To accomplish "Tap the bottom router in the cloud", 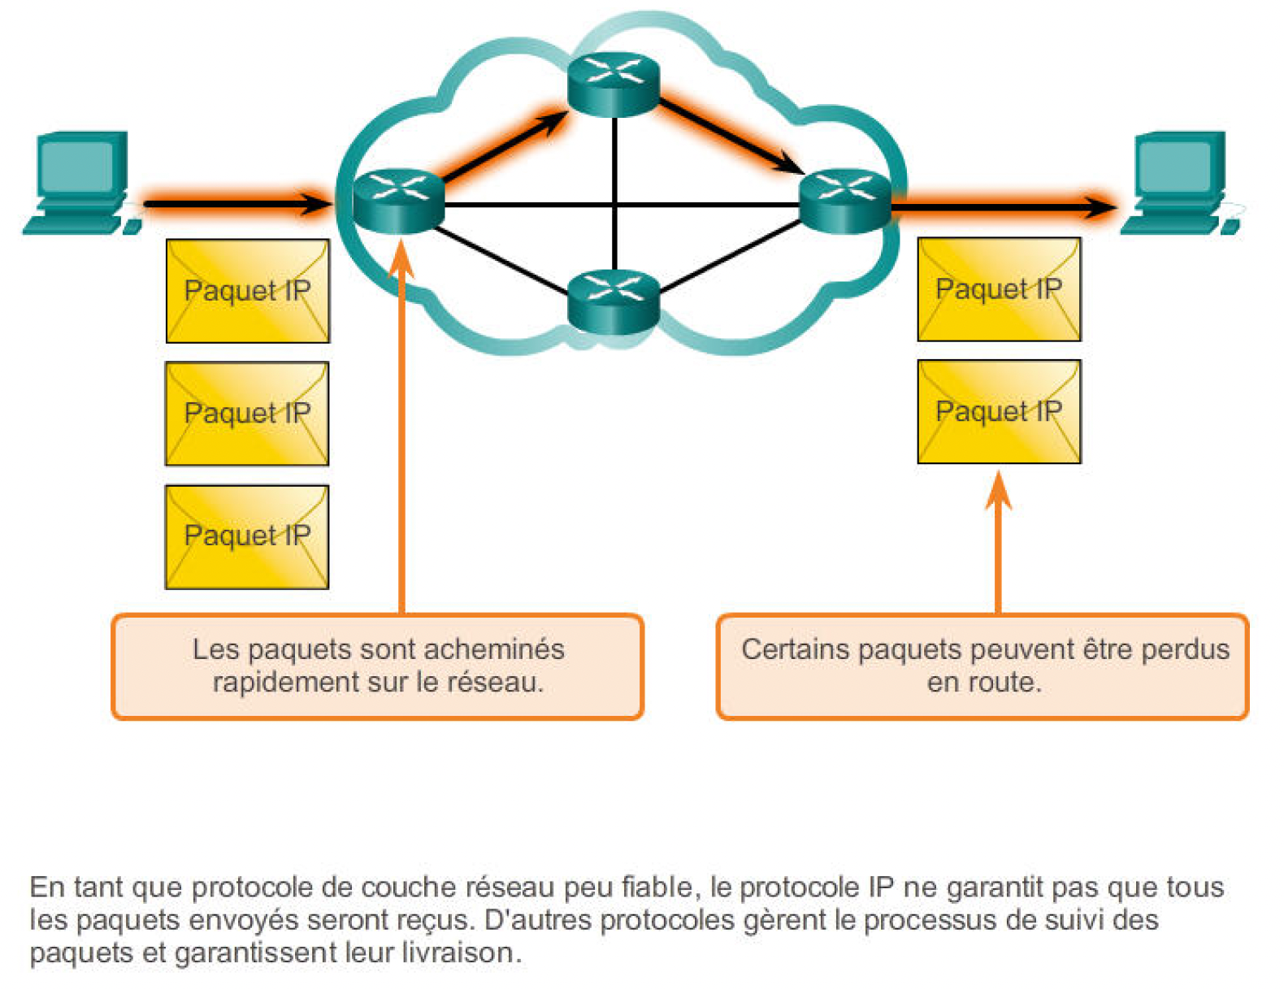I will [614, 301].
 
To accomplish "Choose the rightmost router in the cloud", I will [845, 200].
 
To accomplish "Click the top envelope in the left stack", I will [247, 291].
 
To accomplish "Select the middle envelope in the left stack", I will [247, 414].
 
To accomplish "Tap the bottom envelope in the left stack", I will [247, 536].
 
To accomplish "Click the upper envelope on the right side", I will [999, 289].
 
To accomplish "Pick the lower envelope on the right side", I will [999, 411].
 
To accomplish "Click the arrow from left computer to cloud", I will [236, 202].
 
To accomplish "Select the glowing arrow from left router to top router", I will [504, 146].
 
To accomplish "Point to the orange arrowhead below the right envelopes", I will [998, 492].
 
